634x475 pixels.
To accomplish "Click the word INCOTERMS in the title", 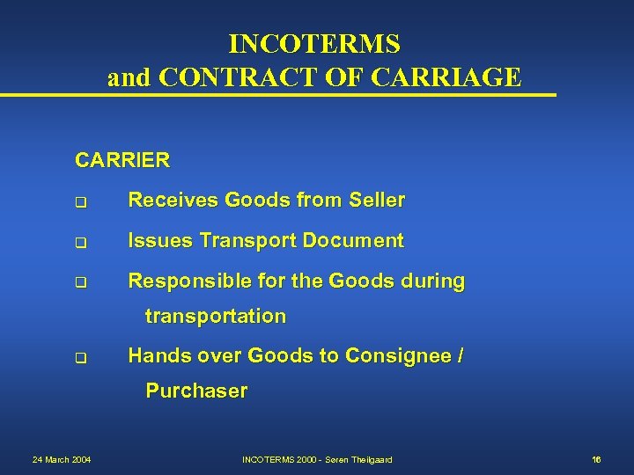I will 314,43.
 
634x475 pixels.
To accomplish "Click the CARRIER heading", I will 122,161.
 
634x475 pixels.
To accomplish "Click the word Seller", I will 377,201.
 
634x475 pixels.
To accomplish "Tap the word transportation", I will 216,316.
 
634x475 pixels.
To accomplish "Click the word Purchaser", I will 196,391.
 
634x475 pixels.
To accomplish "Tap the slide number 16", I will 596,459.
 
